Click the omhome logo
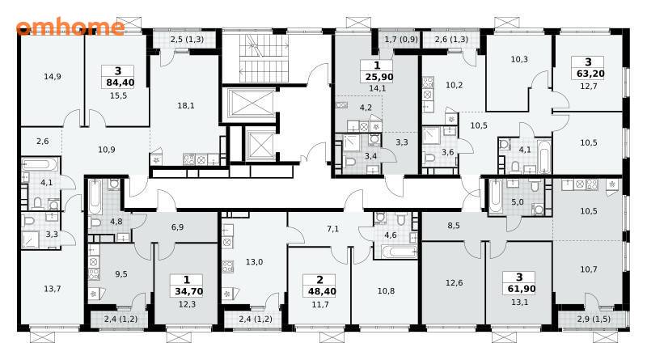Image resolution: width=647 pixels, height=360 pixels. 70,27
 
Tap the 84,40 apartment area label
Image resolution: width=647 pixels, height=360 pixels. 120,83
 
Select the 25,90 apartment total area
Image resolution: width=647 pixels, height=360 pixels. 378,77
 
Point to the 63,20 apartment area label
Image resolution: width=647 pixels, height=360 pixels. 588,74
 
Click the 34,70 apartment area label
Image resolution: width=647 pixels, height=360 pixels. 188,291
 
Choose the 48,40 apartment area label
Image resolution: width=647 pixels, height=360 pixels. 322,291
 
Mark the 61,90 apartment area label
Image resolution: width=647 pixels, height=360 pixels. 521,289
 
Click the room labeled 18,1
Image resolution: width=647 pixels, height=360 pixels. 186,106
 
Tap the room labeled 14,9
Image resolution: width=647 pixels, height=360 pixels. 53,76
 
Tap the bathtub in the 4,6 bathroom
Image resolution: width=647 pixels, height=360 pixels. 399,252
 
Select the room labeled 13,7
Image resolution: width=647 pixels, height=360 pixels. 53,289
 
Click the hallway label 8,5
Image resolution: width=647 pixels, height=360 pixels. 454,226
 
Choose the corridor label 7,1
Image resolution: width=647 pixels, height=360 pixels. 332,229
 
